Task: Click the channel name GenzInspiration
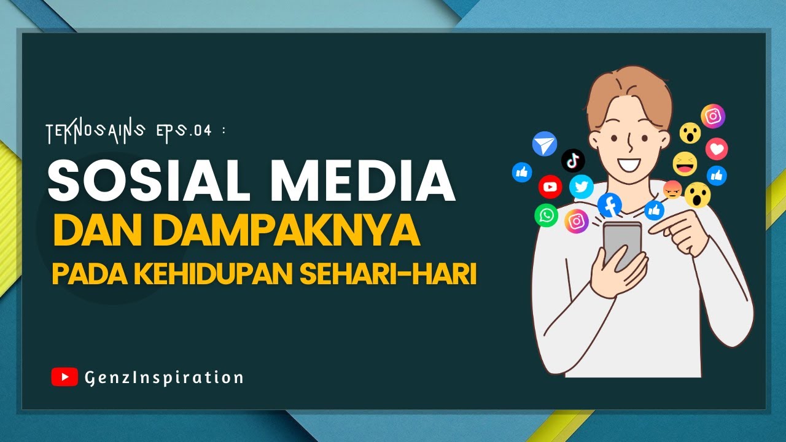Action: (164, 377)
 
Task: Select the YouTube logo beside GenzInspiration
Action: (64, 376)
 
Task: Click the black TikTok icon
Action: (573, 161)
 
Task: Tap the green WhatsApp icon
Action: (546, 215)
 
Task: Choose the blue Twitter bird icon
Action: (581, 187)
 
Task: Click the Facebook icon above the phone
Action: (609, 205)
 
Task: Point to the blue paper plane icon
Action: (544, 144)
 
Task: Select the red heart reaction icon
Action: (717, 149)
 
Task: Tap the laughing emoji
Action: (685, 164)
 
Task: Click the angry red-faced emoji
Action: (672, 190)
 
